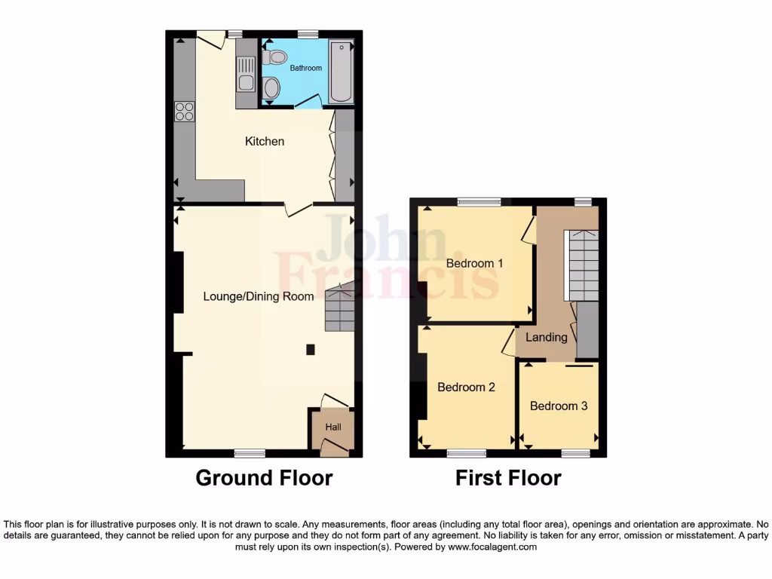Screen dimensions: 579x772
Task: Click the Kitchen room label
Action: coord(265,141)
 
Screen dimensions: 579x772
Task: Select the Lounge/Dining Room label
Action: coord(259,296)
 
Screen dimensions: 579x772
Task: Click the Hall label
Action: coord(333,427)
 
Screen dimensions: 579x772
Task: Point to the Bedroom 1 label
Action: coord(474,263)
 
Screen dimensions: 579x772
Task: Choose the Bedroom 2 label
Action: coord(466,387)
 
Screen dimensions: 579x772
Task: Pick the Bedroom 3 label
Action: coord(559,406)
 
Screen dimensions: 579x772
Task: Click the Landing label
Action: coord(547,337)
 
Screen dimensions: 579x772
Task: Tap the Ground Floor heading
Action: coord(264,478)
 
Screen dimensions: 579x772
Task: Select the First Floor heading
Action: coord(508,478)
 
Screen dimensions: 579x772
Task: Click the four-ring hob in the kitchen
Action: coord(185,112)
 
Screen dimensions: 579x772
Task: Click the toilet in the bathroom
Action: coord(276,57)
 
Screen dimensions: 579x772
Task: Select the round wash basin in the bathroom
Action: coord(271,89)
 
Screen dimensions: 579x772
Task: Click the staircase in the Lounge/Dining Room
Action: coord(339,308)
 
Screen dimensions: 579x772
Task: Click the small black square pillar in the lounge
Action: coord(310,349)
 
